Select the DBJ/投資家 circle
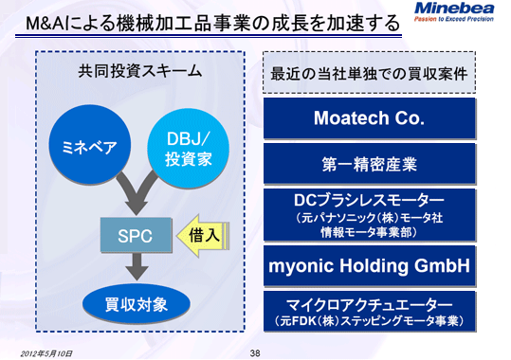tap(192, 149)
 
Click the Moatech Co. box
tap(368, 118)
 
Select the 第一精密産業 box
tap(368, 164)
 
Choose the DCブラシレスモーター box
tap(368, 211)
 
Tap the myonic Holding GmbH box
tap(368, 266)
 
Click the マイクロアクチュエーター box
tap(368, 312)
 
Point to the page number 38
tap(255, 352)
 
